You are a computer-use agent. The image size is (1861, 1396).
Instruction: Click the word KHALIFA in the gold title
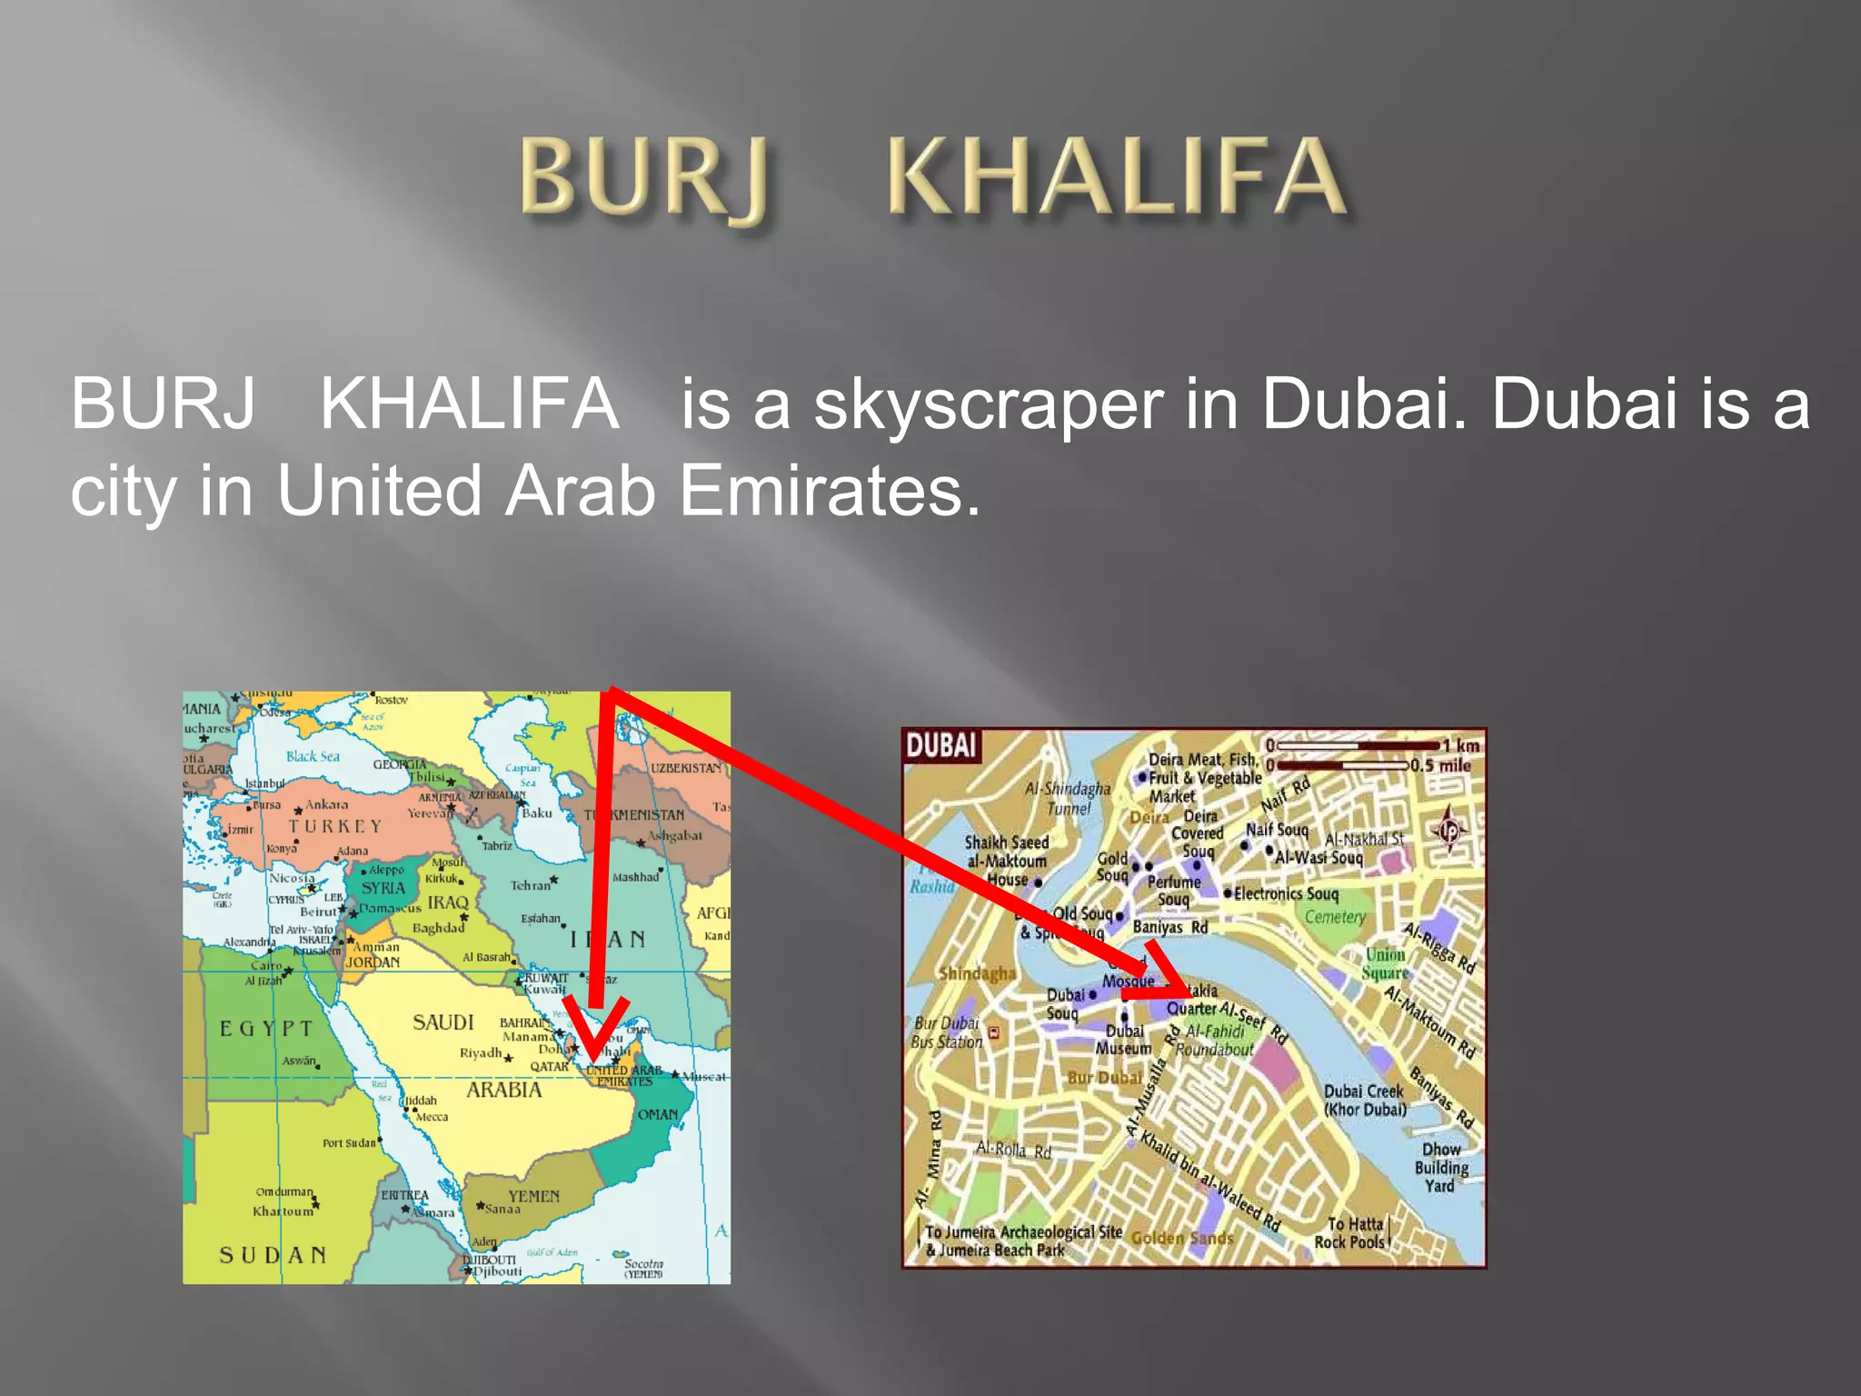pyautogui.click(x=1116, y=177)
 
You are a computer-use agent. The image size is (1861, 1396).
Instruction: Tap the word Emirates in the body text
pyautogui.click(x=829, y=492)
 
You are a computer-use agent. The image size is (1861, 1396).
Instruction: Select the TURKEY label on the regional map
pyautogui.click(x=335, y=826)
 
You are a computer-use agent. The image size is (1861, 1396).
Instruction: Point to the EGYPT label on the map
pyautogui.click(x=266, y=1028)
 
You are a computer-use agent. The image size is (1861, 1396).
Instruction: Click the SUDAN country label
pyautogui.click(x=273, y=1255)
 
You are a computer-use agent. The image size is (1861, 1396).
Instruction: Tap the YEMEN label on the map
pyautogui.click(x=533, y=1196)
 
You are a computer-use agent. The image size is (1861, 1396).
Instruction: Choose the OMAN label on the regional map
pyautogui.click(x=657, y=1114)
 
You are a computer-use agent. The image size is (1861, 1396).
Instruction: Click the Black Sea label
pyautogui.click(x=313, y=756)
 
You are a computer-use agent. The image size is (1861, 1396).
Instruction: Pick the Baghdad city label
pyautogui.click(x=438, y=928)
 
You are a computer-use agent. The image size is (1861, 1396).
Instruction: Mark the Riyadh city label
pyautogui.click(x=481, y=1053)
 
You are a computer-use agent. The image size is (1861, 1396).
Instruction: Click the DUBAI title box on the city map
pyautogui.click(x=940, y=746)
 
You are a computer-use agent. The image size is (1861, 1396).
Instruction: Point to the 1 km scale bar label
pyautogui.click(x=1462, y=746)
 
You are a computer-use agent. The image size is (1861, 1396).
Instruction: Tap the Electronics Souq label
pyautogui.click(x=1286, y=893)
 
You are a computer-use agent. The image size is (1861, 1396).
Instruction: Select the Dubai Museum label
pyautogui.click(x=1124, y=1040)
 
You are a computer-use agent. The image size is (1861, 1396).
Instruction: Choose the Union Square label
pyautogui.click(x=1385, y=963)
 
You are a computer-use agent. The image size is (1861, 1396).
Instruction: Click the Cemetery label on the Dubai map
pyautogui.click(x=1335, y=917)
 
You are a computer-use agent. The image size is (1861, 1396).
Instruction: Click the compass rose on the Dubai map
pyautogui.click(x=1449, y=828)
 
